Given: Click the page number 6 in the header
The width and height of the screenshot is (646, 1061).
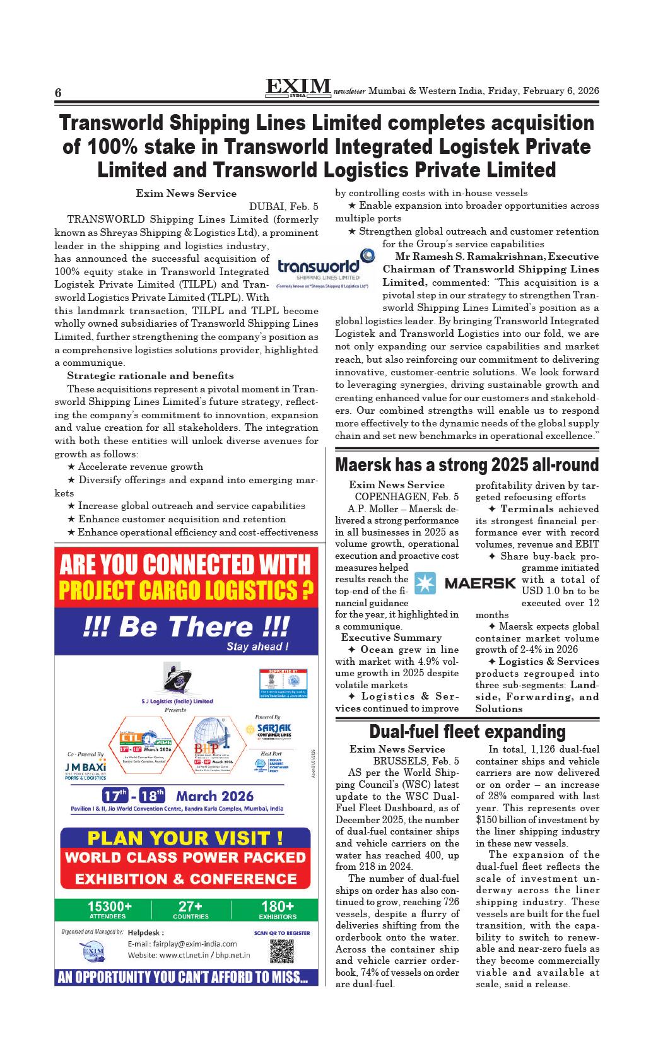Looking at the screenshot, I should (58, 93).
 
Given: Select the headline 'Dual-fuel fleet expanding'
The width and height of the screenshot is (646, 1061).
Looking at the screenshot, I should (467, 732).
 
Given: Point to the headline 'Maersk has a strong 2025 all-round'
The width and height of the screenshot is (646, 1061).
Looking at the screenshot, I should (467, 466).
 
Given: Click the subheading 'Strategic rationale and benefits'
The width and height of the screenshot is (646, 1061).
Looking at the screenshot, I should (150, 375).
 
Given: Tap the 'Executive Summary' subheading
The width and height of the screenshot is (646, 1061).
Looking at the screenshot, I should (391, 638).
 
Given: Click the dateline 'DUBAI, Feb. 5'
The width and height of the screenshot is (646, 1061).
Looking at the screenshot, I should (284, 206).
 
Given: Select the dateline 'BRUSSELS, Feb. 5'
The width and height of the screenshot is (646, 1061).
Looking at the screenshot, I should (416, 761).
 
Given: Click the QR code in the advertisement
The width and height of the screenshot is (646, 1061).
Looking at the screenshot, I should (283, 951).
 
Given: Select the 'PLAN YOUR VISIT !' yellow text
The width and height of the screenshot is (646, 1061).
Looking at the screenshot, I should (185, 838).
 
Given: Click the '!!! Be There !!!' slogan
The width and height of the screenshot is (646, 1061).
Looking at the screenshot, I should (186, 627).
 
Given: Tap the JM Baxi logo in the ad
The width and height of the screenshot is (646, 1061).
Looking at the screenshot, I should (85, 769).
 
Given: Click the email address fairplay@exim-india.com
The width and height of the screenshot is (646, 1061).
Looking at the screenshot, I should (182, 944).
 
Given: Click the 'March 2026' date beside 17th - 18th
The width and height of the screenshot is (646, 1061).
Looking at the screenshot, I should (214, 795).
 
